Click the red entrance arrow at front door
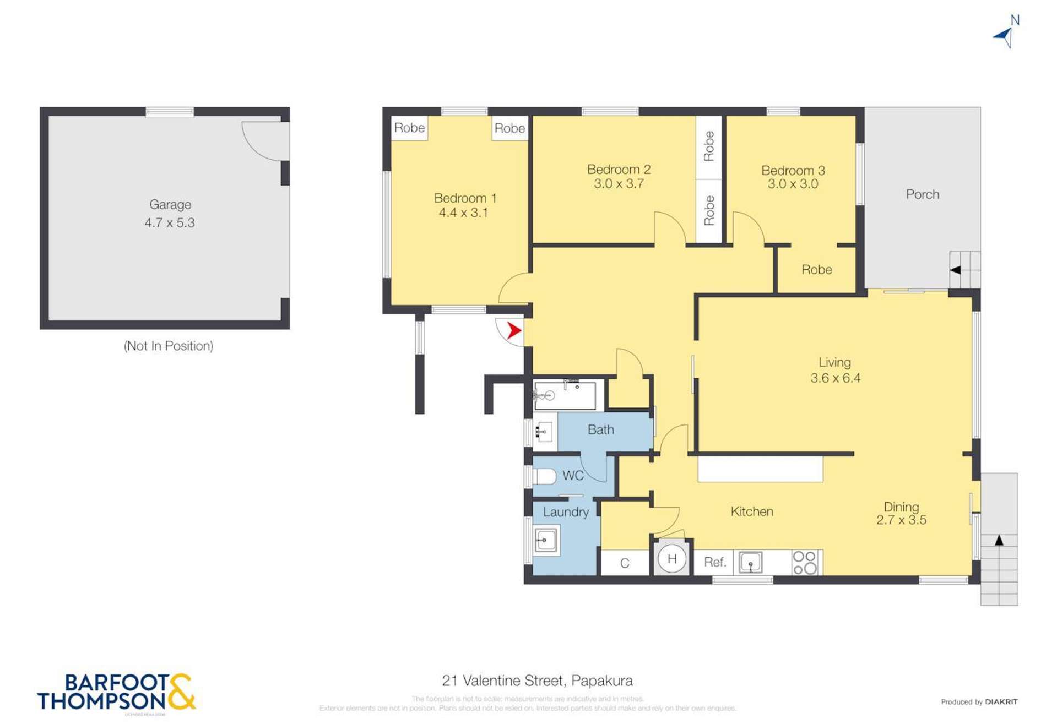tap(513, 331)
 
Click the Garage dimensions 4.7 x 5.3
tap(170, 223)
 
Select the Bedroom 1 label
tap(465, 198)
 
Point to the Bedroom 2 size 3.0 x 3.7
tap(619, 184)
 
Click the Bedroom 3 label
tap(793, 171)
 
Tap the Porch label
tap(922, 194)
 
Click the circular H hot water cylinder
tap(671, 559)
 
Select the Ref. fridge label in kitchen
tap(714, 562)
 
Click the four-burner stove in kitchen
tap(805, 563)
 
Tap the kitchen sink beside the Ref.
tap(750, 563)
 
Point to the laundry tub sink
tap(545, 541)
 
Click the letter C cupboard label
tap(624, 563)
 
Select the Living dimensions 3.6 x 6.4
tap(835, 378)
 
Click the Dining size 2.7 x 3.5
tap(901, 520)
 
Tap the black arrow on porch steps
tap(956, 270)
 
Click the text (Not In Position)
tap(169, 346)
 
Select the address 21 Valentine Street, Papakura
tap(537, 681)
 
